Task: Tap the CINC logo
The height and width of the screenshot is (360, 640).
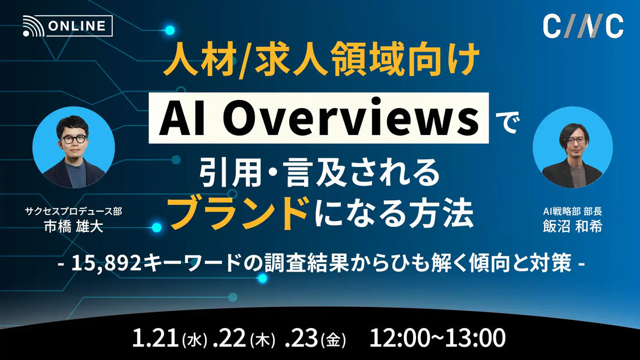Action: [583, 26]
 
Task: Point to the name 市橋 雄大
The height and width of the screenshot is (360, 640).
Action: [74, 226]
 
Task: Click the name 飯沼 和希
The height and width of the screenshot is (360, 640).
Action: [571, 226]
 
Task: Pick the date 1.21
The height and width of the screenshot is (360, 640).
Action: [156, 337]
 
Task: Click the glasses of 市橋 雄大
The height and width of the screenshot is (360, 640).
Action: [73, 139]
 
